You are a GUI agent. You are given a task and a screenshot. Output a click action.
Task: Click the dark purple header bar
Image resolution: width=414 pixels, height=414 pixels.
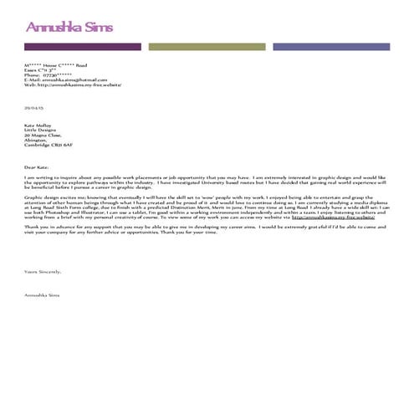pos(83,47)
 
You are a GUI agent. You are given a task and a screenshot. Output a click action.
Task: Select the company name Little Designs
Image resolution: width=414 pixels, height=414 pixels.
pos(39,130)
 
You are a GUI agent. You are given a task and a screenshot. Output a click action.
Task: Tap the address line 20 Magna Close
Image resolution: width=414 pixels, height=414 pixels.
pos(40,135)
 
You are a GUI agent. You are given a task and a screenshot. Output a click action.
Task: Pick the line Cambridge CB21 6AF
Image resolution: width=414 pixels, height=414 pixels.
pos(45,146)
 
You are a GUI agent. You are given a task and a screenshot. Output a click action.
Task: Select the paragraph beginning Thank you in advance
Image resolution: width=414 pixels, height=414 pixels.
pos(201,229)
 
